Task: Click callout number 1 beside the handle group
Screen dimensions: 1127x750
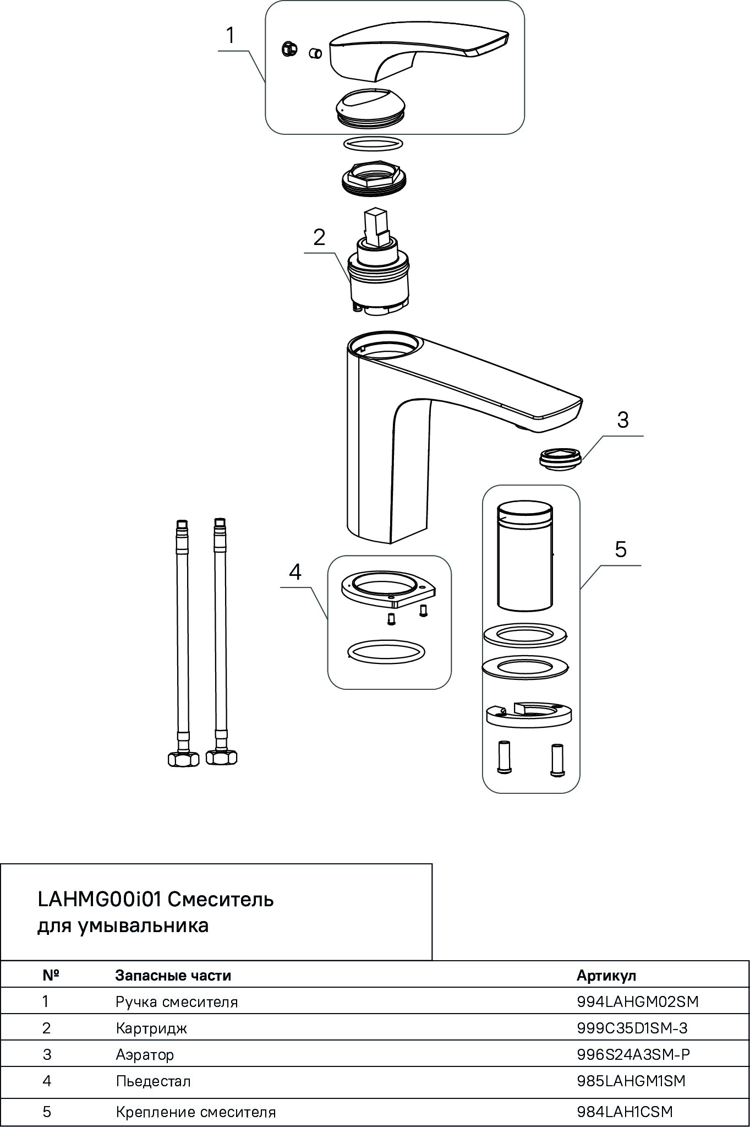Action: pyautogui.click(x=231, y=36)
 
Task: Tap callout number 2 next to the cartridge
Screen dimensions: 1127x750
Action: pyautogui.click(x=319, y=238)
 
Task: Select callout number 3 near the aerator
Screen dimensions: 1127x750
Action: pyautogui.click(x=622, y=420)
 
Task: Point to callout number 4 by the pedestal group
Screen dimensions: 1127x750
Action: pyautogui.click(x=295, y=573)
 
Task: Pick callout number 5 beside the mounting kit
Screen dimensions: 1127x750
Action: pyautogui.click(x=621, y=549)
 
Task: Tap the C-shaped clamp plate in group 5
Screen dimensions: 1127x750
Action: pyautogui.click(x=528, y=716)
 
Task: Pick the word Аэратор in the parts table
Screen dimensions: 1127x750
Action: pyautogui.click(x=145, y=1054)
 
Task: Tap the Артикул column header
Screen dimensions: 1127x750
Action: pyautogui.click(x=606, y=976)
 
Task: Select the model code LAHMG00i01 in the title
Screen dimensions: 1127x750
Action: pyautogui.click(x=99, y=900)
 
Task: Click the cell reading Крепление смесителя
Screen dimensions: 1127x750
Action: pyautogui.click(x=195, y=1112)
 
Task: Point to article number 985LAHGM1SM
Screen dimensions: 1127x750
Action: pyautogui.click(x=631, y=1081)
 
